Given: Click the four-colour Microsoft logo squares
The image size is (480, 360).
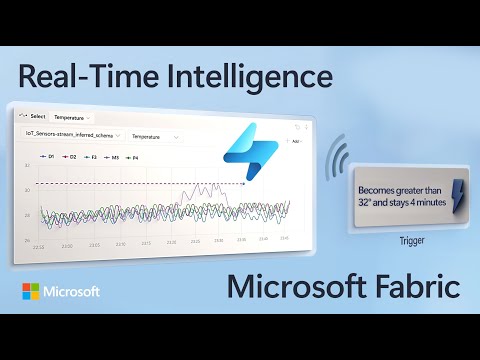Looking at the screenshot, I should [x=33, y=293].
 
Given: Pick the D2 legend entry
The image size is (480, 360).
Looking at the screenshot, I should [x=71, y=156].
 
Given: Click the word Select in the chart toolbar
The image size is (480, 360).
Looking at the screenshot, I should [x=38, y=116].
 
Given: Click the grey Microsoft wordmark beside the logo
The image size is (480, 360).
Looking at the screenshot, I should [x=72, y=293].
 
